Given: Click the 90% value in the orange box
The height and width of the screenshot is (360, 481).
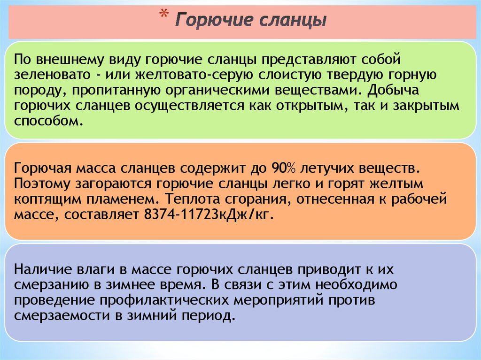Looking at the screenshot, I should pos(283,168).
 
